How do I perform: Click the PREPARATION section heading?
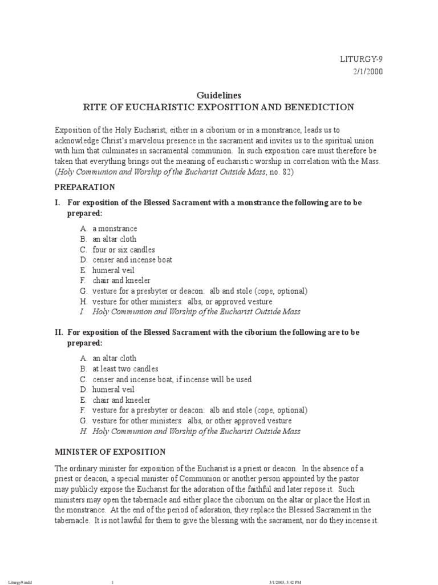[84, 187]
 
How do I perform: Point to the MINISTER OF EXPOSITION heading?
[110, 451]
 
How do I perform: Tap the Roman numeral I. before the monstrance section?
[58, 203]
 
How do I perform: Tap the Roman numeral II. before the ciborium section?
[59, 332]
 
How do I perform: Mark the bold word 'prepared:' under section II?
[85, 343]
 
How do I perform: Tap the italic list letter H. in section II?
[83, 431]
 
